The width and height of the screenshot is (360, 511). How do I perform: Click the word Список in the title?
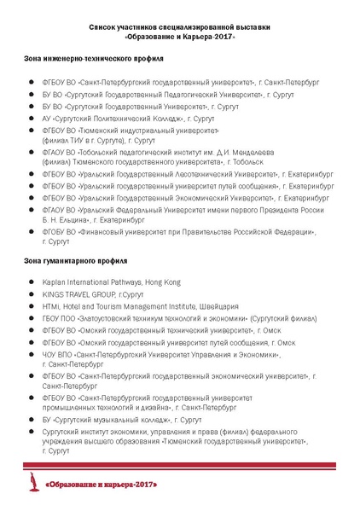pyautogui.click(x=105, y=27)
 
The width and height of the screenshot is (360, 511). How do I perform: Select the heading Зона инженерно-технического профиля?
pyautogui.click(x=94, y=59)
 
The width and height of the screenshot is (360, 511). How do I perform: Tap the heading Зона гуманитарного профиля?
pyautogui.click(x=76, y=259)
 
